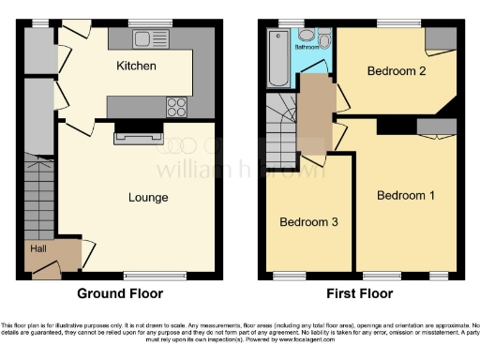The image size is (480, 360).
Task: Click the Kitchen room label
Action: coord(136,67)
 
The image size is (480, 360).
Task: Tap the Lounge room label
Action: coord(148,198)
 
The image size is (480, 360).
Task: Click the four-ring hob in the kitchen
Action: coord(175,105)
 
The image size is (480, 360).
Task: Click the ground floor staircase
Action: coord(39,192)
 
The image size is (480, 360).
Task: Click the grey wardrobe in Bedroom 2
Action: coord(437,38)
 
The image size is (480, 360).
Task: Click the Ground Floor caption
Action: coord(119,292)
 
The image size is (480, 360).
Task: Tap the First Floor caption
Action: coord(360,292)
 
